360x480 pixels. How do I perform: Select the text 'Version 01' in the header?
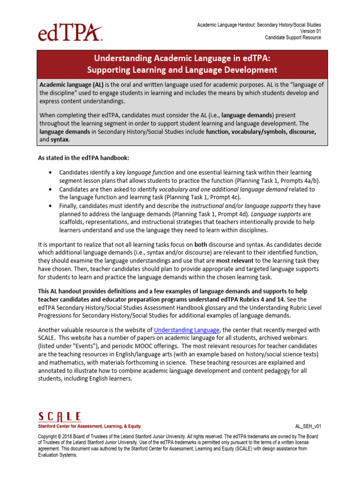click(309, 31)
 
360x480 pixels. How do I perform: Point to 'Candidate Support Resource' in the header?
click(293, 37)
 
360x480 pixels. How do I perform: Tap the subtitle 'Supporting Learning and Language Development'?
click(182, 70)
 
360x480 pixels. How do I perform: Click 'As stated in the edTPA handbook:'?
click(84, 158)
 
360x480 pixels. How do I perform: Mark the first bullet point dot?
click(50, 173)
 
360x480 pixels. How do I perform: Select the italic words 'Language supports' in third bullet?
click(273, 214)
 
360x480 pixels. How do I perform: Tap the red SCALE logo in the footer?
click(60, 417)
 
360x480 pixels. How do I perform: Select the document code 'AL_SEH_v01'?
click(308, 427)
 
